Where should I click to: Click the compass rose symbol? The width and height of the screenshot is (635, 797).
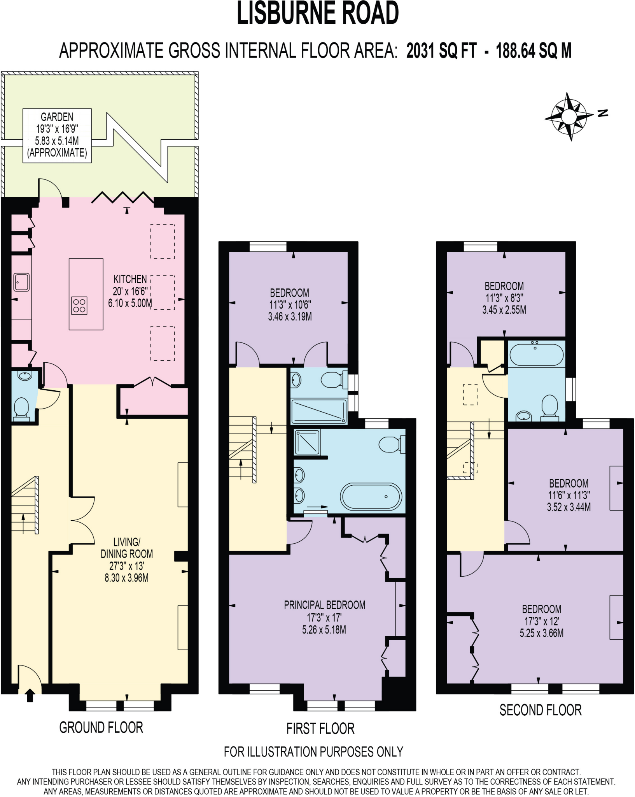569,116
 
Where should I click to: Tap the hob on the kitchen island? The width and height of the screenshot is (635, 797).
79,305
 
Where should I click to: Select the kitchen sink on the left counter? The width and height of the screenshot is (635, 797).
22,282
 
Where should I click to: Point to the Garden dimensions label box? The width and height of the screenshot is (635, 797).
57,135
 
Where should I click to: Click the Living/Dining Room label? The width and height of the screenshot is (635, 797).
127,560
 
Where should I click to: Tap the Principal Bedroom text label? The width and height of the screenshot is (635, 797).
324,605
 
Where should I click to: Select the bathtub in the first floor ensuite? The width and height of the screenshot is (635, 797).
371,497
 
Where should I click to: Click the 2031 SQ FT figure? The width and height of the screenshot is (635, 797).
441,51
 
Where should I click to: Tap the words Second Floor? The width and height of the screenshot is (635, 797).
540,710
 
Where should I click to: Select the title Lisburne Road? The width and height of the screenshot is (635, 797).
318,14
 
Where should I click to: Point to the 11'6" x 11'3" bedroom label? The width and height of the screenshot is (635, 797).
569,495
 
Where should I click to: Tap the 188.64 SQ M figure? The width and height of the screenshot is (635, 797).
534,51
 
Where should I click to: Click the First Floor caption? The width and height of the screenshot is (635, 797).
320,729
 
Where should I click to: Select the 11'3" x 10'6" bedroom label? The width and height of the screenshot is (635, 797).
290,304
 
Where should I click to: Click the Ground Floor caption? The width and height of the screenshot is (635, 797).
101,727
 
